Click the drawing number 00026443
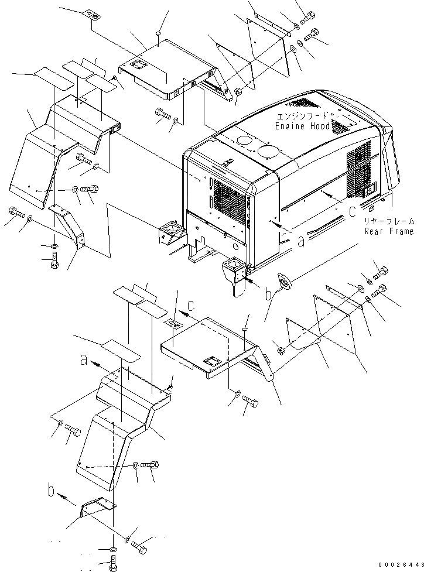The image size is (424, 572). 399,564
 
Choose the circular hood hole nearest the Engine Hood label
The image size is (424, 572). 268,150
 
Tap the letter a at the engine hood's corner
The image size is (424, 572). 300,241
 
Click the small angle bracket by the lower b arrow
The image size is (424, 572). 98,506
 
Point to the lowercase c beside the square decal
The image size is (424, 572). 190,305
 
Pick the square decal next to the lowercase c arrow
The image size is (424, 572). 173,323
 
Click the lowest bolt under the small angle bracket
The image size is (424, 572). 112,564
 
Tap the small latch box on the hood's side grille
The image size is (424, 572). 368,189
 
